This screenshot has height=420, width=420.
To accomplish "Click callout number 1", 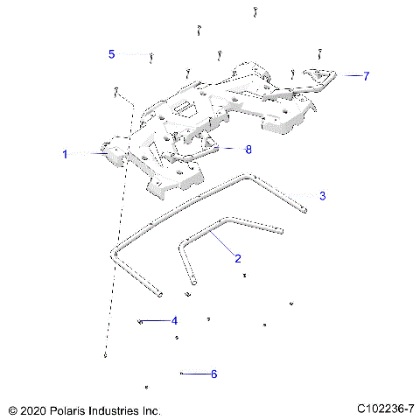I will coord(65,154).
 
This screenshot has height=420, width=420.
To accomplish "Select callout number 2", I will coord(237,258).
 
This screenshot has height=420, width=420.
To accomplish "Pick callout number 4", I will coord(174,321).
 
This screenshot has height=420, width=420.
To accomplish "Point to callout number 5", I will coord(111,54).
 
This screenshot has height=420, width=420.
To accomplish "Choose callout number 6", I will coord(213,374).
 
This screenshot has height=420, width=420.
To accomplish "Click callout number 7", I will coord(366,76).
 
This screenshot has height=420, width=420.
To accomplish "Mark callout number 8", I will coord(248,150).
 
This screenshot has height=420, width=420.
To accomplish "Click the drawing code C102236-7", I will coord(386,409).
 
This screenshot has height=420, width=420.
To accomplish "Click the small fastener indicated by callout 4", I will coord(140,321).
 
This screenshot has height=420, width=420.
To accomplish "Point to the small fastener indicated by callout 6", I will coord(180,374).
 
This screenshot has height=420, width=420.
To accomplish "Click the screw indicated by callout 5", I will coord(152,59).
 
